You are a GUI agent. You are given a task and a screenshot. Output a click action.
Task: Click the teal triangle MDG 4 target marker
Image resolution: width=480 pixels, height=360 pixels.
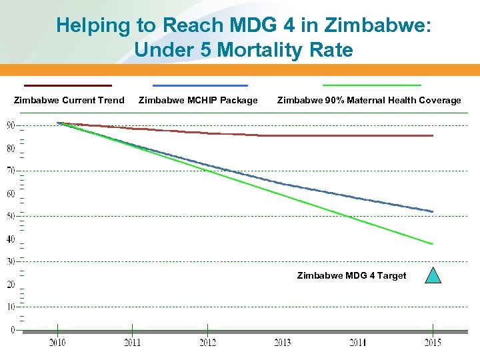point(433,276)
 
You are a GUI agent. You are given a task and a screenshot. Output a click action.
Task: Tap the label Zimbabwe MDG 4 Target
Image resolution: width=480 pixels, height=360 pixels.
point(351,275)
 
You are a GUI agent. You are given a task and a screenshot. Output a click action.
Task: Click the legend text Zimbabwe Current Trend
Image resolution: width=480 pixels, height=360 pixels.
point(69,100)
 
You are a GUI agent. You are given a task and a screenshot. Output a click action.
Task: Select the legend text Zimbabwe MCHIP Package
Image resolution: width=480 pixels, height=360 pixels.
point(197,100)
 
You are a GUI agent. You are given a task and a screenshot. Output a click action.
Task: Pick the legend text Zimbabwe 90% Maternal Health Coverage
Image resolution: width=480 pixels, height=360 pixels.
point(369,100)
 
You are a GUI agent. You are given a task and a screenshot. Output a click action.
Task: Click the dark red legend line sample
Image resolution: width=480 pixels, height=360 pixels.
point(68,85)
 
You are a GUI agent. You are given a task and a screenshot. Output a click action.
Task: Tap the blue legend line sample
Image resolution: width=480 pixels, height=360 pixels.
point(200,85)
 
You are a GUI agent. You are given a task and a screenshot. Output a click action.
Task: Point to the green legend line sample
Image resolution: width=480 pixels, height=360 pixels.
point(372,85)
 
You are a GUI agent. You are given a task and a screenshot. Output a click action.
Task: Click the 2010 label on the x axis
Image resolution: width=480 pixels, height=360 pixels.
point(57,343)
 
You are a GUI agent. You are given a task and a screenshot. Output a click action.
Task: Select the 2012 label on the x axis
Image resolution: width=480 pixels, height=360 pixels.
point(207,343)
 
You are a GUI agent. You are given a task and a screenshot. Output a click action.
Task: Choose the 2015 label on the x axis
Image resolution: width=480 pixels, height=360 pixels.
point(432,343)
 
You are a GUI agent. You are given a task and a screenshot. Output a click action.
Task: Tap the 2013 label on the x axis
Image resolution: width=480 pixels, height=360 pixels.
point(282,343)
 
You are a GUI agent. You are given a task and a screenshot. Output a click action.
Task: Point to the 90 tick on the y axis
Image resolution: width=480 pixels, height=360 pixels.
point(11,125)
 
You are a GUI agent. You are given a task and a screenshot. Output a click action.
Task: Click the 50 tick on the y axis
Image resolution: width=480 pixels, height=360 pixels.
point(11,216)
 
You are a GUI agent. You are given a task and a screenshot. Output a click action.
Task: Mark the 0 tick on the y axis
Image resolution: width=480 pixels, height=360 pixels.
point(11,330)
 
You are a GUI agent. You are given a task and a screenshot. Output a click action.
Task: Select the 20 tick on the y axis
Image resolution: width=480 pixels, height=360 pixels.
point(11,285)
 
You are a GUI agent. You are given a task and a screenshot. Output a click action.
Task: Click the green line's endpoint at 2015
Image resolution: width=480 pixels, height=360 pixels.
point(433,244)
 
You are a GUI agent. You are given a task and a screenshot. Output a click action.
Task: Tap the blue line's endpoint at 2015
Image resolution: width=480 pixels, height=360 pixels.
point(433,211)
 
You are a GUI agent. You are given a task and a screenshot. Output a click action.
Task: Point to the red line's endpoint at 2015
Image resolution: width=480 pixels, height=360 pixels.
point(433,135)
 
